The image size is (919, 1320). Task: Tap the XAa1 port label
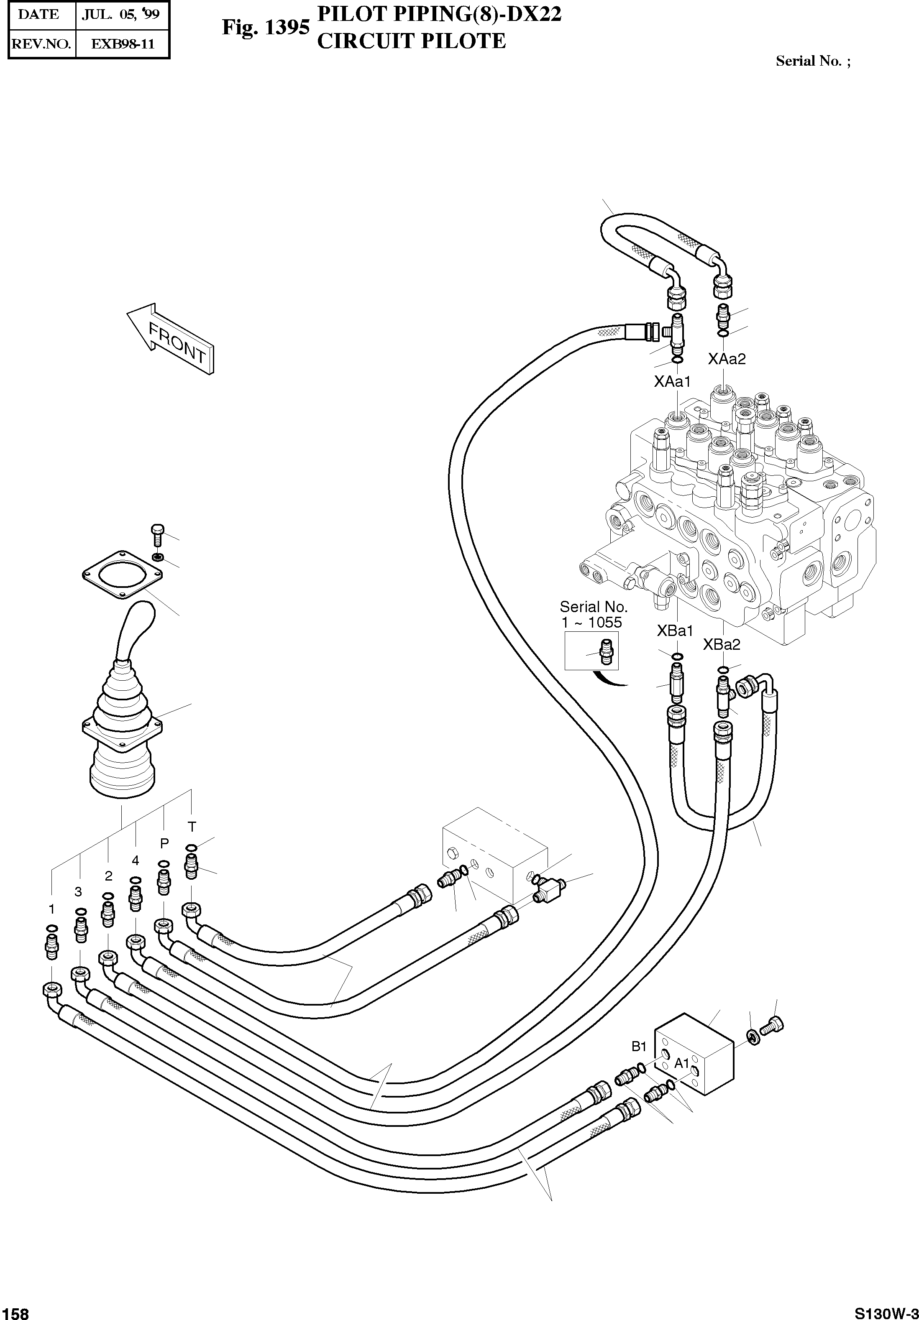(672, 381)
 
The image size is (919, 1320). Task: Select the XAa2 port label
(726, 359)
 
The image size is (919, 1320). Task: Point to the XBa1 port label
(675, 631)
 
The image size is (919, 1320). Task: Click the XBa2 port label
(721, 644)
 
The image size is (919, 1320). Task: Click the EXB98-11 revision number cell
(121, 43)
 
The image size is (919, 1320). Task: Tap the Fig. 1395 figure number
(266, 27)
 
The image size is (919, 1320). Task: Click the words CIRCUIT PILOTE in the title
(411, 41)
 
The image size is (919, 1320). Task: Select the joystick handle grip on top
(135, 627)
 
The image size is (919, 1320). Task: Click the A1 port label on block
(681, 1063)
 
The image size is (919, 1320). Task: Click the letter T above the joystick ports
(192, 827)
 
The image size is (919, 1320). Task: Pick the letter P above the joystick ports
(164, 843)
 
